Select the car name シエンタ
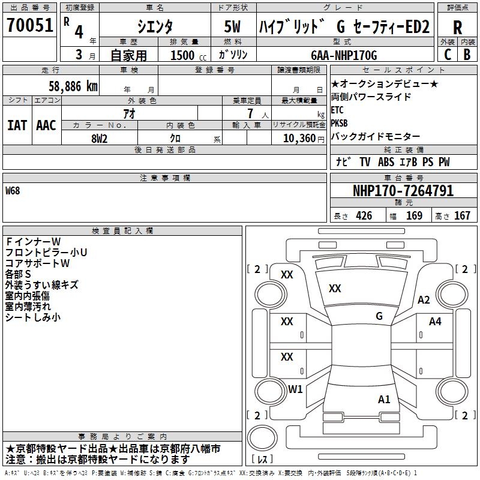pos(155,26)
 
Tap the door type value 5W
pos(233,26)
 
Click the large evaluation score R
pos(457,27)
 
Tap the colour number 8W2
pos(99,137)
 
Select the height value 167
pos(462,216)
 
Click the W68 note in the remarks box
pos(13,191)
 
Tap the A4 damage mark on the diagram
pos(435,322)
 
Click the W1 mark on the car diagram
pos(295,389)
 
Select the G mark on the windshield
pos(379,316)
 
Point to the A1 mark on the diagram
pos(385,399)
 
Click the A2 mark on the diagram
pos(424,300)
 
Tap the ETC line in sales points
pos(337,110)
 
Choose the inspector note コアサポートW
pos(38,263)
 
